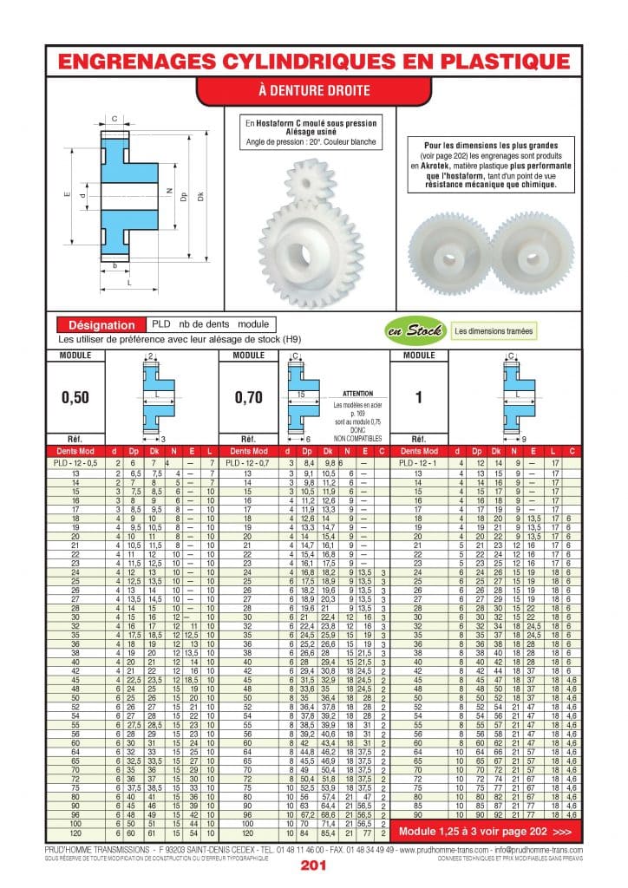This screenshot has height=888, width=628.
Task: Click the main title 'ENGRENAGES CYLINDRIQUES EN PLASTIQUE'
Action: point(313,60)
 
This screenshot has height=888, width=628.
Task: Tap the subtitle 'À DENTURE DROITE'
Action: point(313,90)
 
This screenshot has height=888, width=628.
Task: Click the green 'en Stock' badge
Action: point(415,330)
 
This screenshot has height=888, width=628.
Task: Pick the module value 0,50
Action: point(75,397)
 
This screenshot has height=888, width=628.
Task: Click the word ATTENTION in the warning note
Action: point(357,393)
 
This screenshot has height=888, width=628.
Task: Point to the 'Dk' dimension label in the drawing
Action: point(201,198)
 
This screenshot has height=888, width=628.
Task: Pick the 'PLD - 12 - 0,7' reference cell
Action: point(250,464)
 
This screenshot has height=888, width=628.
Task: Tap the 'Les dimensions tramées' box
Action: point(494,330)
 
